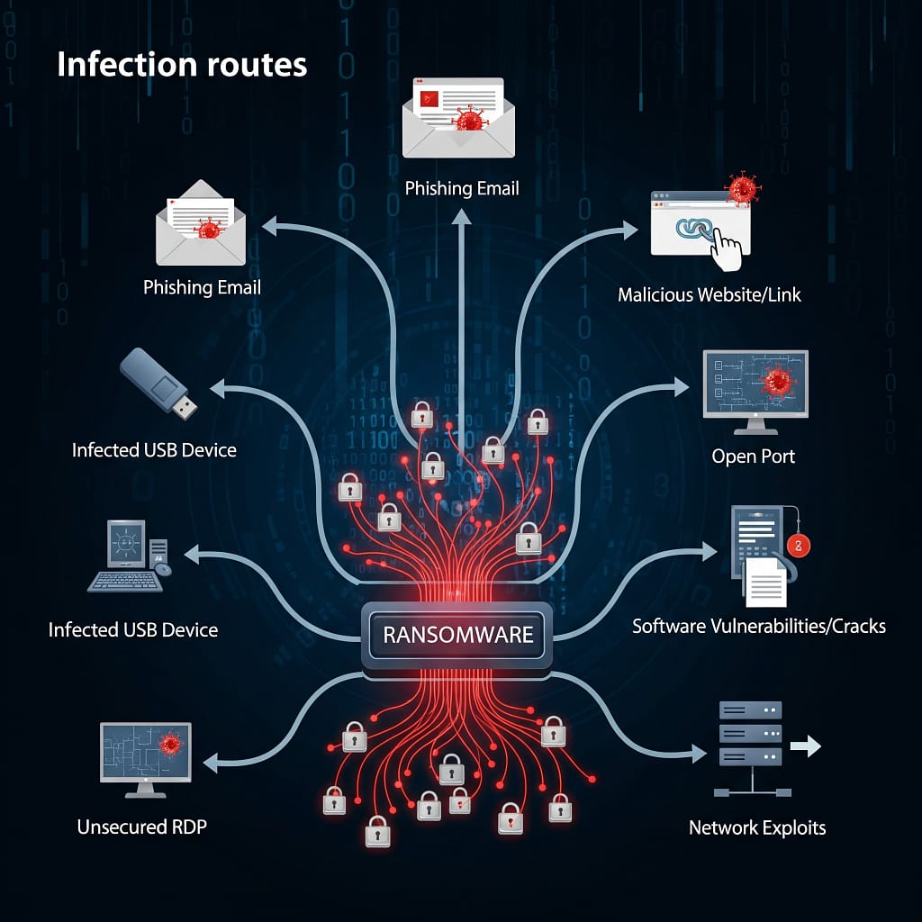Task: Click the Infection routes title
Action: tap(182, 65)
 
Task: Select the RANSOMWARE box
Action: tap(457, 634)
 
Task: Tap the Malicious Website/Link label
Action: tap(710, 294)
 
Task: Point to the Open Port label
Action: tap(754, 456)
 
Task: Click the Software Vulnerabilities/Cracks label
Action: tap(759, 626)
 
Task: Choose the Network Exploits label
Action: tap(757, 827)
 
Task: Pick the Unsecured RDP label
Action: tap(141, 827)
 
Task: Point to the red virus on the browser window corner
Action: tap(743, 188)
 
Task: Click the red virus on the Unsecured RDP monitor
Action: tap(170, 745)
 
